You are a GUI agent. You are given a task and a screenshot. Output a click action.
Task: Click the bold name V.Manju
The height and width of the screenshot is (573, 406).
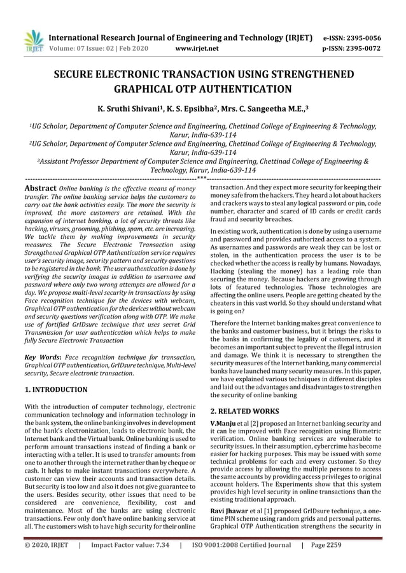pyautogui.click(x=223, y=423)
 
